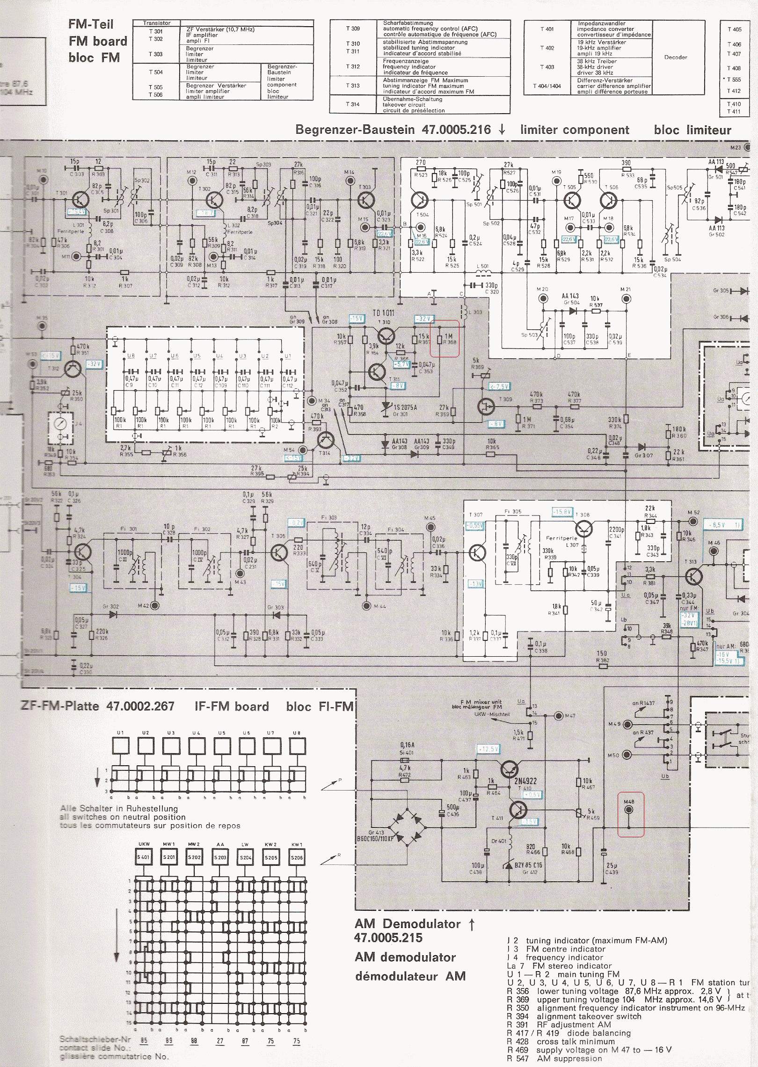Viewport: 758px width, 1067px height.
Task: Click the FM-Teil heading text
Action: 91,24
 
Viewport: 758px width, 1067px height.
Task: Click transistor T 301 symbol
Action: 80,200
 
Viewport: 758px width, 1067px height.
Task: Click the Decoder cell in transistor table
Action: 675,57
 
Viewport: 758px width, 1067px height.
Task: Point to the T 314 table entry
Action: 352,104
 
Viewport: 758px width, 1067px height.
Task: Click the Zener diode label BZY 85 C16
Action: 528,865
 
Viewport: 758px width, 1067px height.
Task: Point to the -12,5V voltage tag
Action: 488,749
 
